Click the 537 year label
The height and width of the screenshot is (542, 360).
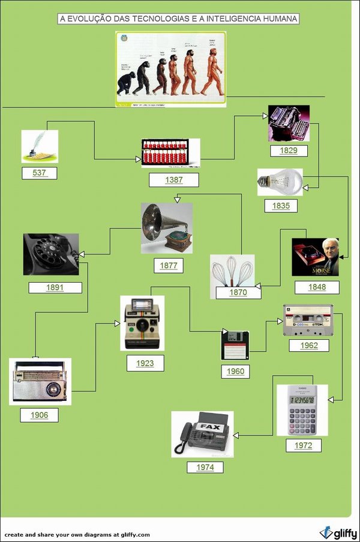(40, 173)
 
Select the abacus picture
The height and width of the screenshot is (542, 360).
(170, 153)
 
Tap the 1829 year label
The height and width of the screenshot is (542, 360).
(289, 150)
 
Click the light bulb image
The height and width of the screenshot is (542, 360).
(280, 181)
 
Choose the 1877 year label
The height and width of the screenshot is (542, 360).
(168, 265)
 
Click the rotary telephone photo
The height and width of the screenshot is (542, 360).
(50, 254)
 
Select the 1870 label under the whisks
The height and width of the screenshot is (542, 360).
(238, 293)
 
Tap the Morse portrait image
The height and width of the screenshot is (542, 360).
(315, 257)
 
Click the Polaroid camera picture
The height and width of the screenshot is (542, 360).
(142, 323)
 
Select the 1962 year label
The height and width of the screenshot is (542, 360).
(308, 345)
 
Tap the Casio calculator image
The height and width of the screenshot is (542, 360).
(302, 409)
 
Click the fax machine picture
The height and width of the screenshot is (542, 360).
(202, 434)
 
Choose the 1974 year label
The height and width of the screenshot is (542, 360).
(205, 467)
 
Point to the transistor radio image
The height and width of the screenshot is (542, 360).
(40, 382)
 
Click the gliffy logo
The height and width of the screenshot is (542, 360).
(338, 532)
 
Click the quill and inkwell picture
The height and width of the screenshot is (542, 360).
(40, 146)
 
